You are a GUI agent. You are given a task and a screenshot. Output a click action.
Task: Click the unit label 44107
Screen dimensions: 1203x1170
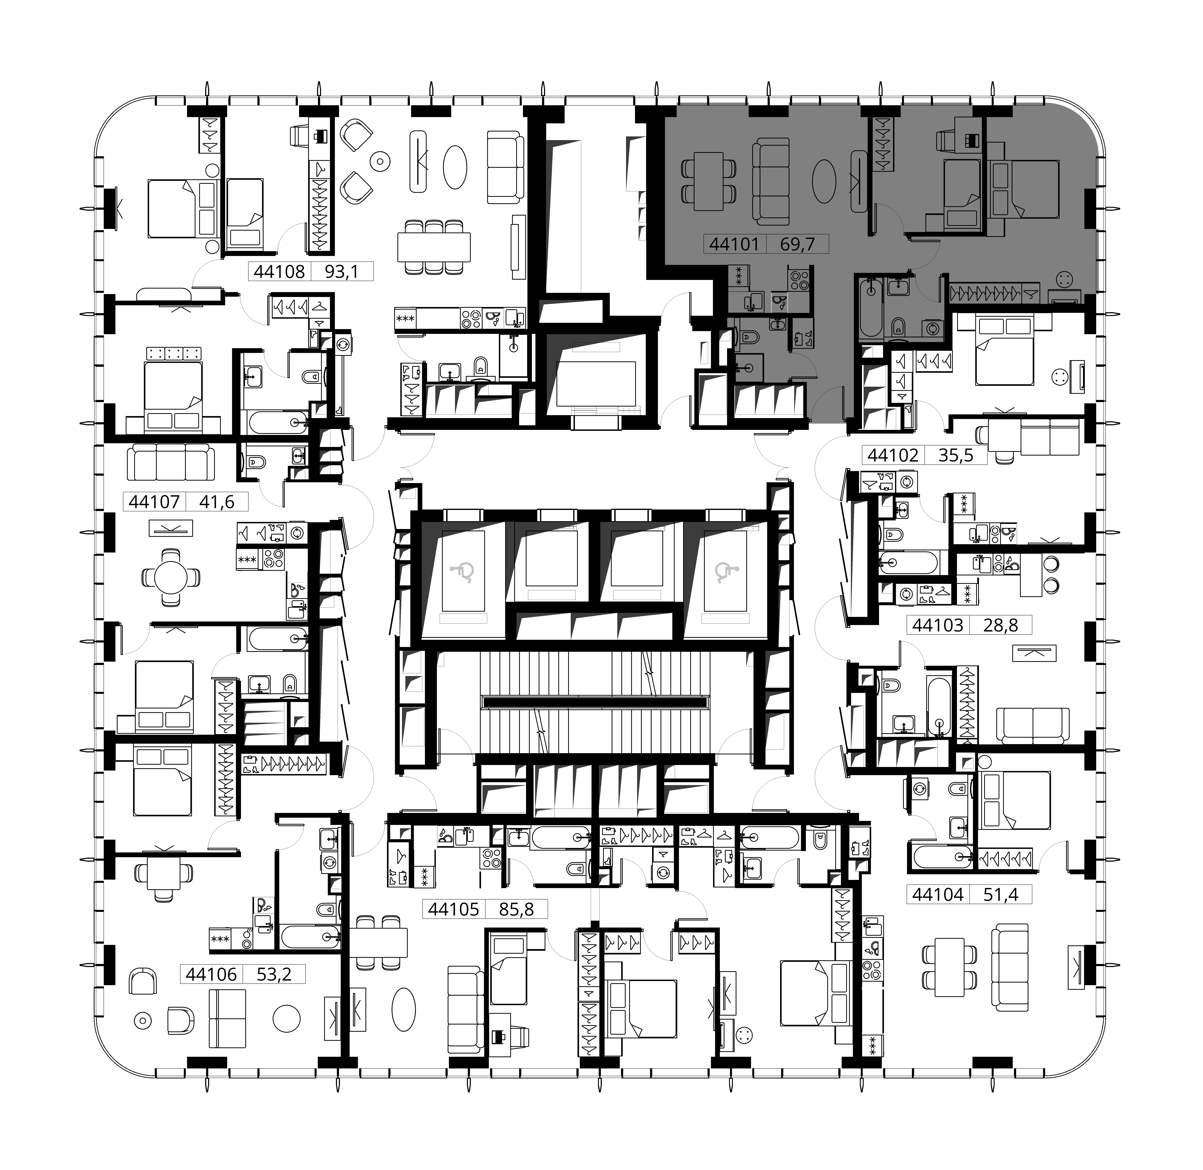pos(154,502)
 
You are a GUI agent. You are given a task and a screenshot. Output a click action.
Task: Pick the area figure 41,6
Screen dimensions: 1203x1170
pos(217,502)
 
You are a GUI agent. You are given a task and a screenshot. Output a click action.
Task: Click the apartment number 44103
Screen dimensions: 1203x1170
pos(938,625)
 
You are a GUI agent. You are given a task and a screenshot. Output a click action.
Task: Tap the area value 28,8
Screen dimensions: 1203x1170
pos(1001,625)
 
